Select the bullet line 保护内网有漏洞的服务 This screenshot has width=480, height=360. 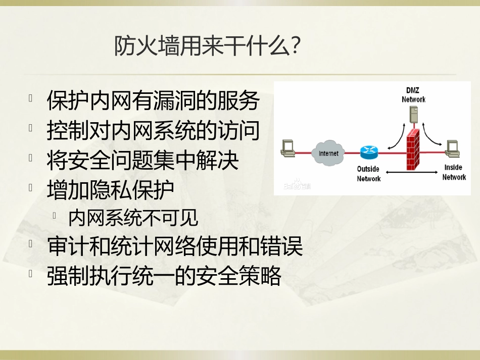(x=153, y=101)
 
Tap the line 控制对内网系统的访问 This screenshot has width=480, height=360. (x=153, y=131)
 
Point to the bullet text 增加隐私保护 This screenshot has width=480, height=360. (x=111, y=190)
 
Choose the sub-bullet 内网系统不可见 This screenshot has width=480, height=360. (x=133, y=219)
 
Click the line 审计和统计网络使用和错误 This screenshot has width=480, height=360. (x=175, y=247)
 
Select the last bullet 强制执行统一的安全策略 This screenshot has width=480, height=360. (x=164, y=276)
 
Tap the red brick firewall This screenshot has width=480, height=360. (x=413, y=149)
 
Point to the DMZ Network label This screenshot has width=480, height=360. (x=413, y=95)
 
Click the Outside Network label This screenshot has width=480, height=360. (x=368, y=174)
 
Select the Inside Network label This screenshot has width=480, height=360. (x=454, y=172)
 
